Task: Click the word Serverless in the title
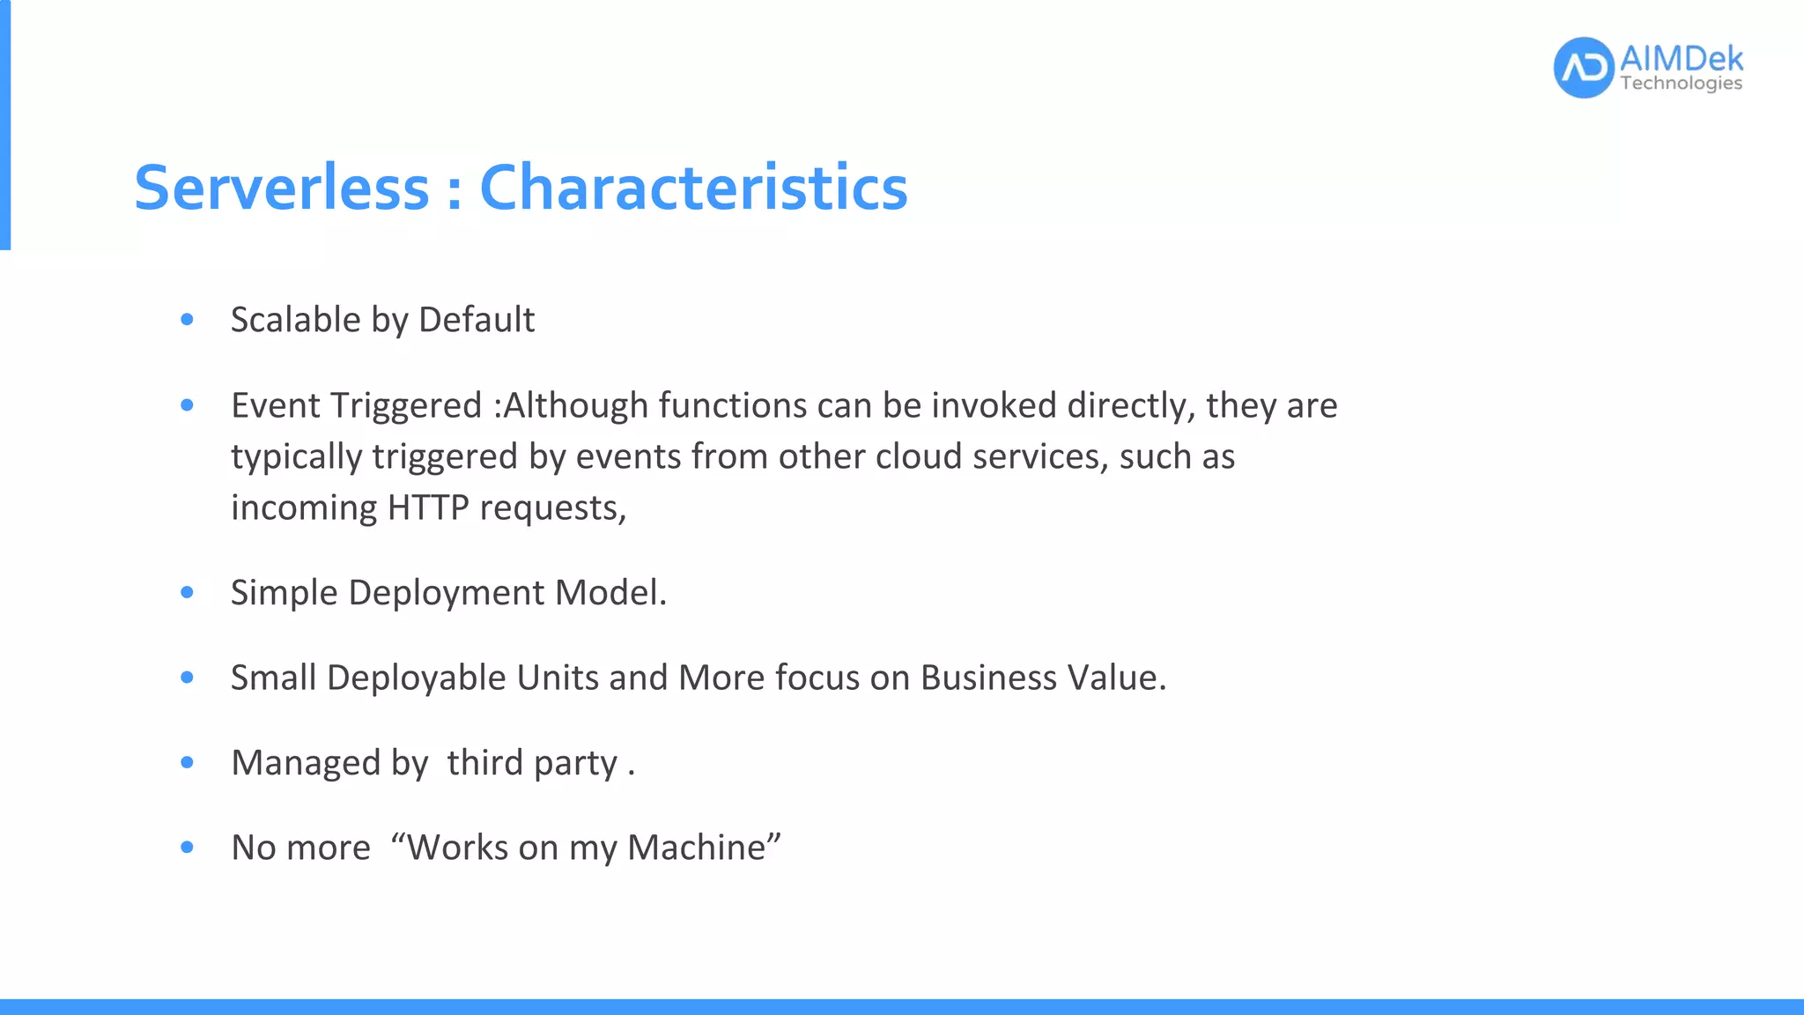tap(281, 188)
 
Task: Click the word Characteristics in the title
tap(693, 188)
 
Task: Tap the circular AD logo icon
tap(1583, 68)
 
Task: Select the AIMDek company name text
tap(1681, 59)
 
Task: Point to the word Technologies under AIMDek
tap(1681, 84)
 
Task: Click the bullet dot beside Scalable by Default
tap(187, 320)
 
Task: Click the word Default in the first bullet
tap(477, 320)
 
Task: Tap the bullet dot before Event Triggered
tap(187, 405)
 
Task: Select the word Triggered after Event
tap(406, 406)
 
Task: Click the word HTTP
tap(428, 508)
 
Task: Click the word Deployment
tap(447, 593)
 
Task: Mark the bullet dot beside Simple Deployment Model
tap(187, 593)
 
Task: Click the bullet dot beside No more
tap(187, 848)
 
